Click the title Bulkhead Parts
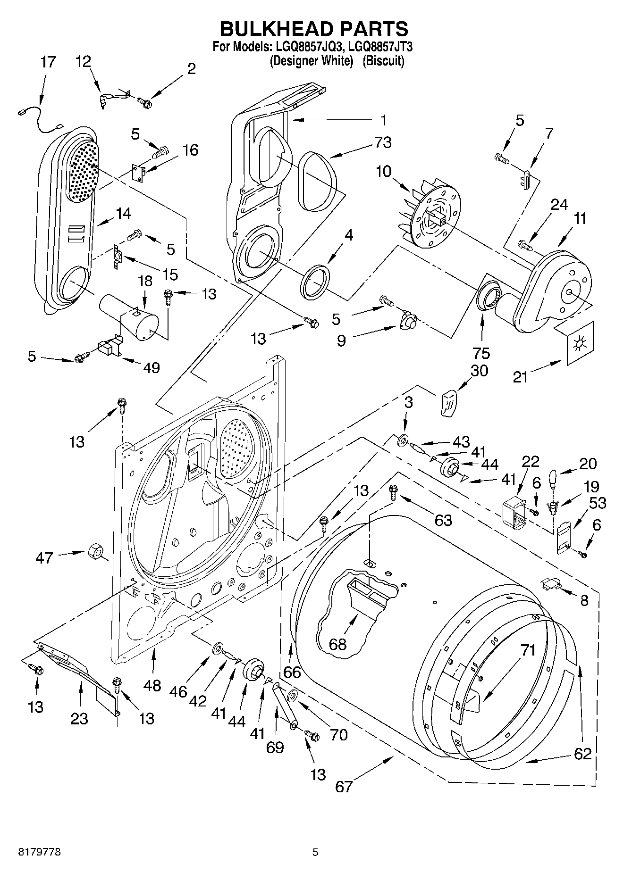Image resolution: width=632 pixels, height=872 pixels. [x=314, y=29]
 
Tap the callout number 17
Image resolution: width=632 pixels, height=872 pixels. [x=48, y=62]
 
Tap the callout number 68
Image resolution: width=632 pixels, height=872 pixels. [x=337, y=644]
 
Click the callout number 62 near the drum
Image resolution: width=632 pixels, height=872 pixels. [x=582, y=753]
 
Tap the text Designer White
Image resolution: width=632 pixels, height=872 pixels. [x=311, y=61]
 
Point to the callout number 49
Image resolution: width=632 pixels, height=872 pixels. [x=151, y=367]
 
